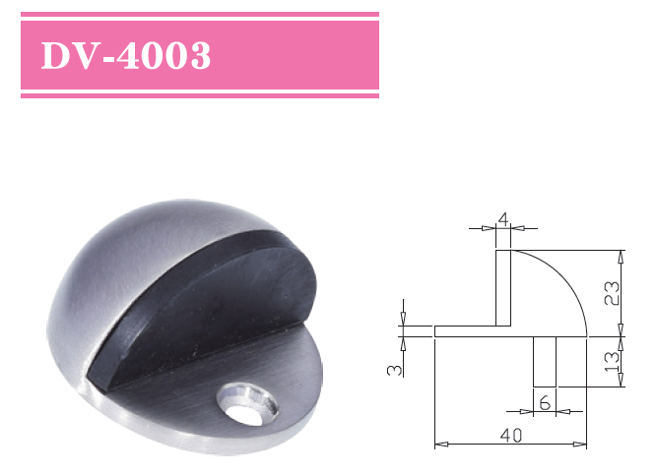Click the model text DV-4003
pos(125,56)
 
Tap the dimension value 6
pos(545,402)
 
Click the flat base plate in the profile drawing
pos(468,331)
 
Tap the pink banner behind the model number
pos(295,56)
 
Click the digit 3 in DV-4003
pos(198,56)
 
